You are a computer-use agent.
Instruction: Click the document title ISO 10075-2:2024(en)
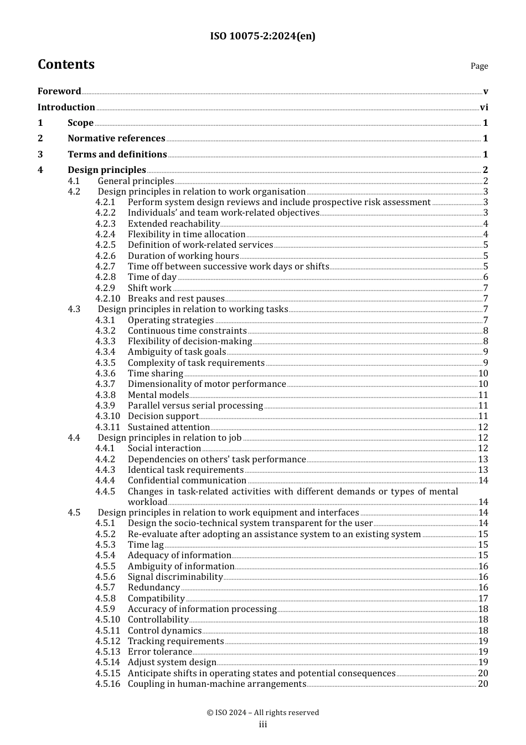click(262, 37)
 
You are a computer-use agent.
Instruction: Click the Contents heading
click(66, 65)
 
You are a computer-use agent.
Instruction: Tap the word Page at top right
click(479, 66)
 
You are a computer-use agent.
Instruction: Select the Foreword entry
click(59, 91)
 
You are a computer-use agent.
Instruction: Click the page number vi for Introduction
click(484, 108)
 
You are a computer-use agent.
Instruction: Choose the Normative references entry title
click(116, 139)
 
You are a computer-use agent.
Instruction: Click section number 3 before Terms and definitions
click(40, 155)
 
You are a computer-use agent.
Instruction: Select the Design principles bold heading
click(107, 170)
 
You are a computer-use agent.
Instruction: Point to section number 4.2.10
click(107, 299)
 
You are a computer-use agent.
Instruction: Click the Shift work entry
click(149, 288)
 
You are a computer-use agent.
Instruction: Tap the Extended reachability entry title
click(174, 224)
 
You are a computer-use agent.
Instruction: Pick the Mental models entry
click(158, 395)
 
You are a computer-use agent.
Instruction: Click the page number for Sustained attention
click(483, 427)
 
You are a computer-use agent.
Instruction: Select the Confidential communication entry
click(187, 481)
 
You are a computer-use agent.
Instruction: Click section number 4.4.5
click(105, 492)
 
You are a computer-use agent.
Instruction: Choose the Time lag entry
click(146, 545)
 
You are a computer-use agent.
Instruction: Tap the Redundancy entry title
click(154, 588)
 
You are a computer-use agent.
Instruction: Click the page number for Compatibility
click(483, 599)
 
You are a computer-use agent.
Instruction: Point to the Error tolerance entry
click(160, 652)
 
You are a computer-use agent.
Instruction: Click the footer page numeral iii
click(263, 724)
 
